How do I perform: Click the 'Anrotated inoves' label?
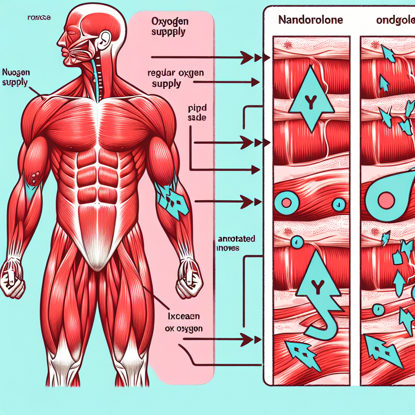234,243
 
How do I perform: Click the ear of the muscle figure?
105,39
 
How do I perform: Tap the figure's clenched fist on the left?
12,279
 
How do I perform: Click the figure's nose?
60,42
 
